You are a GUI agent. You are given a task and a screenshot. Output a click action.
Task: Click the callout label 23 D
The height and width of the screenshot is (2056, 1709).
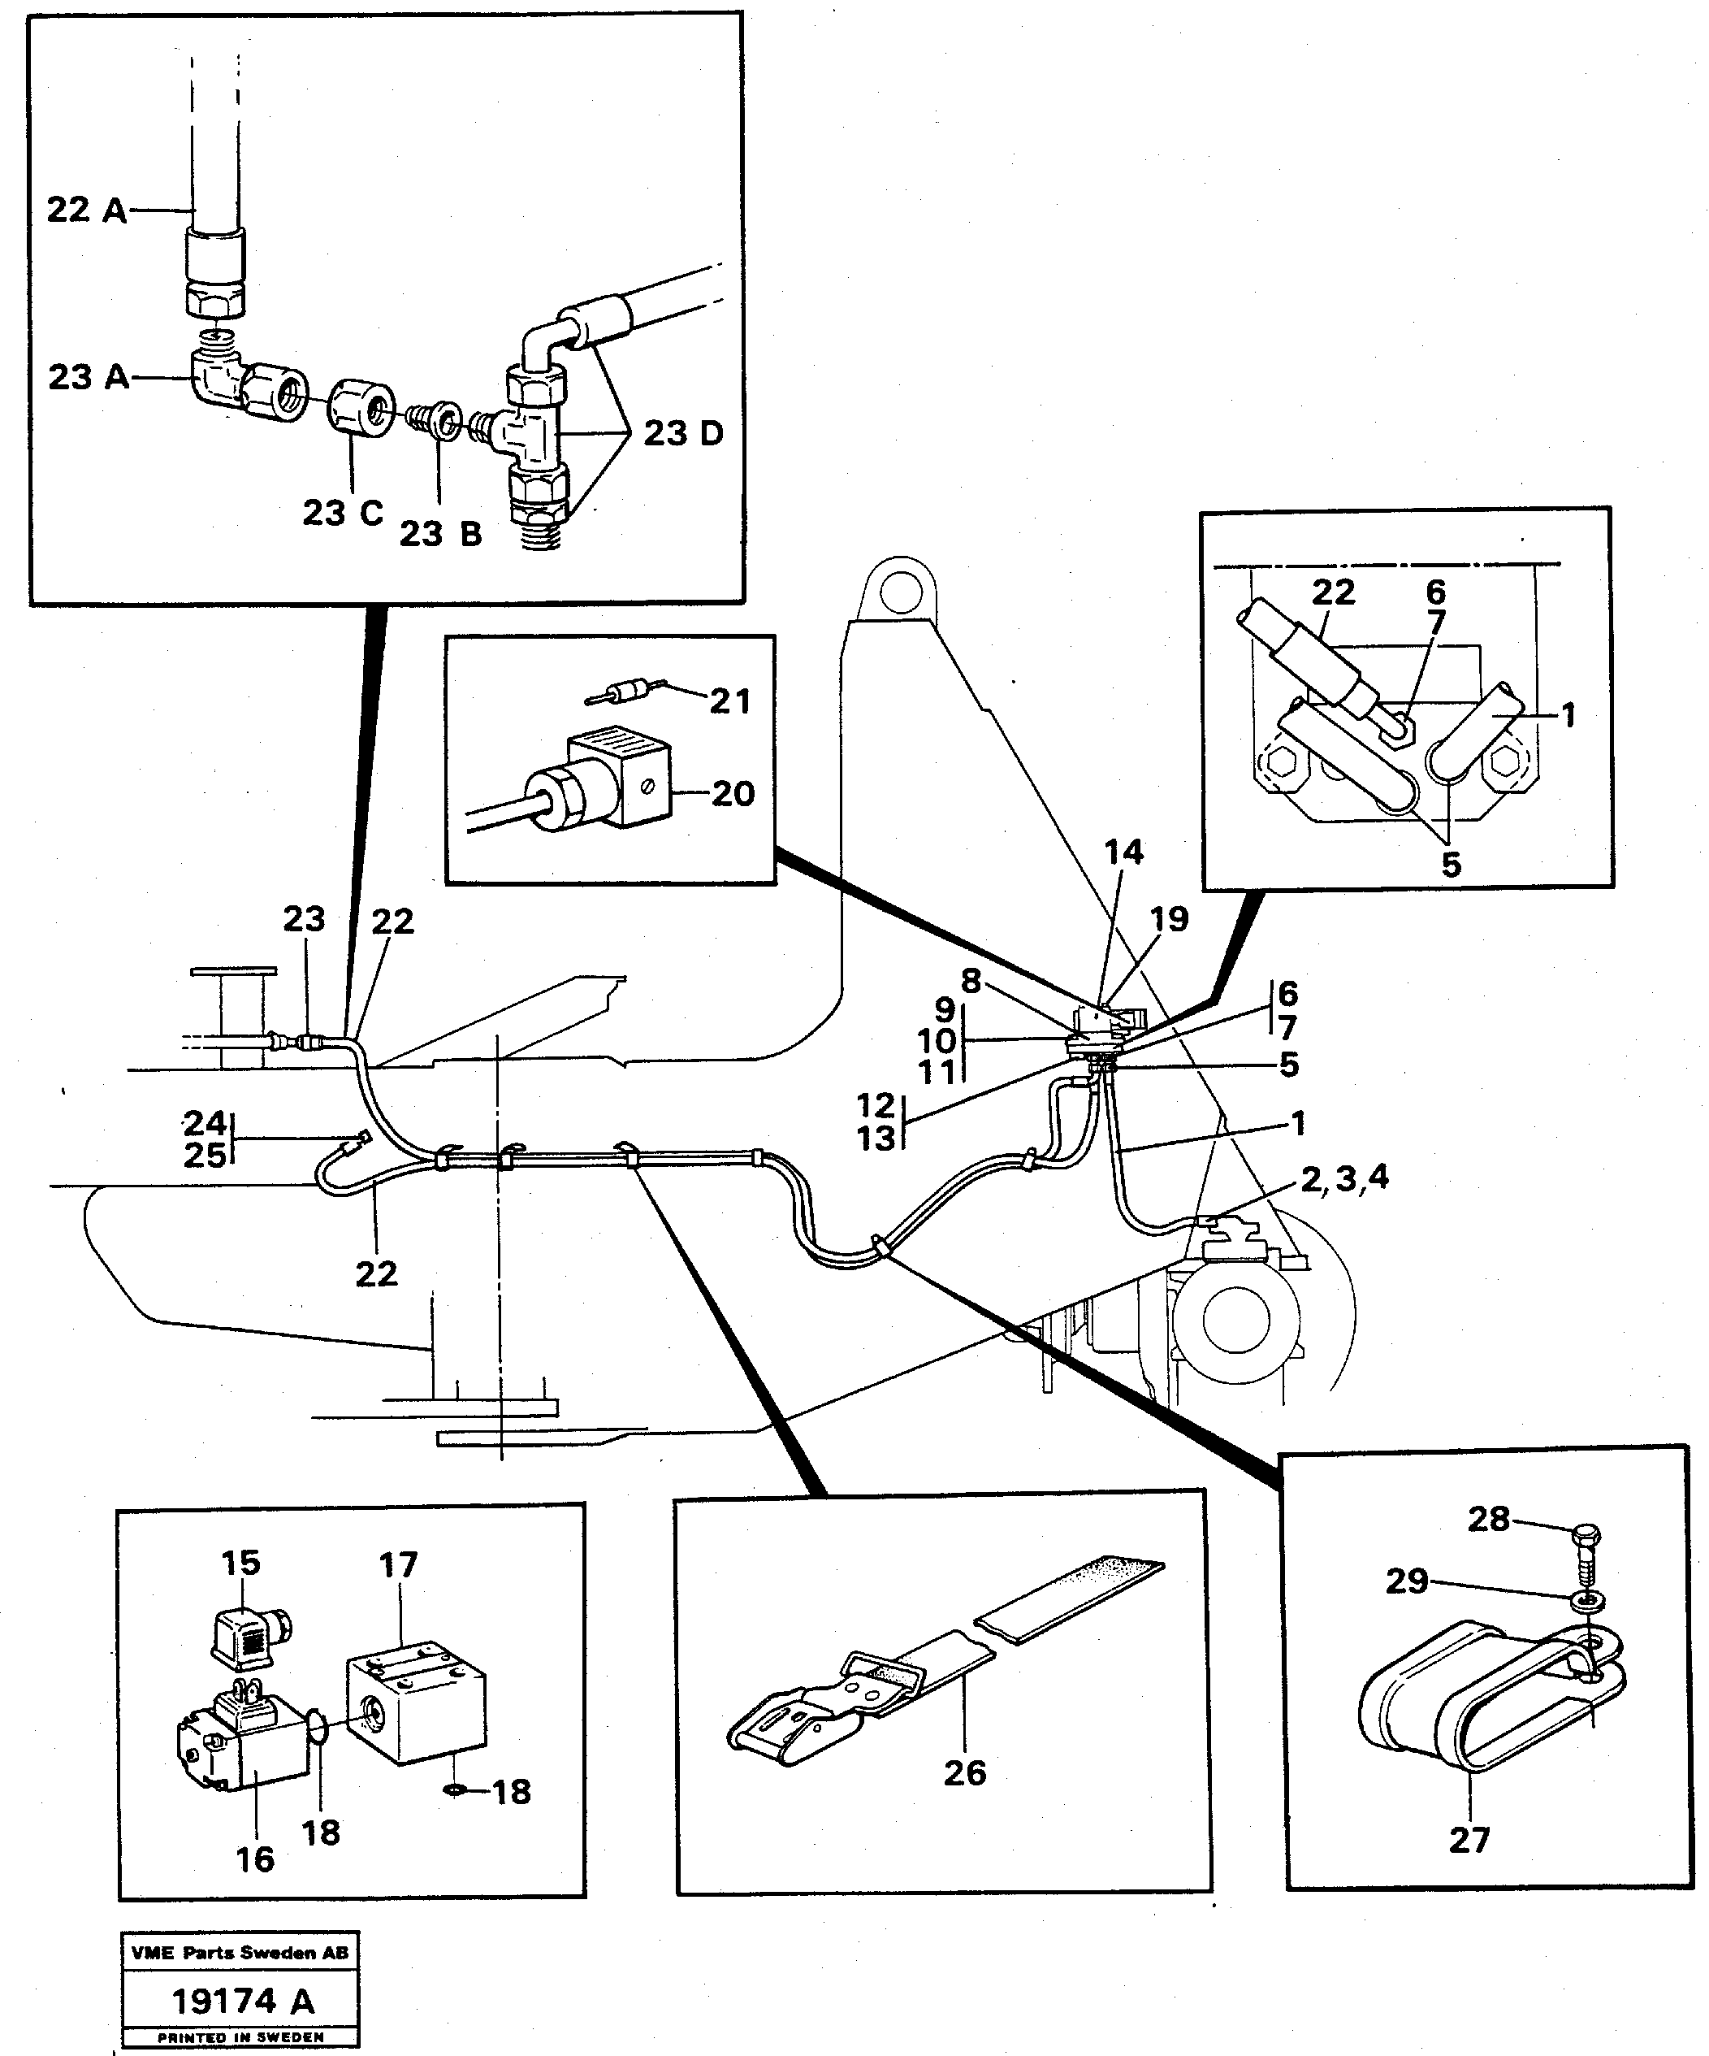(x=682, y=433)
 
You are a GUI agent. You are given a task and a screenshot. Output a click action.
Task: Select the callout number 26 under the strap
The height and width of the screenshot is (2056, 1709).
(x=964, y=1772)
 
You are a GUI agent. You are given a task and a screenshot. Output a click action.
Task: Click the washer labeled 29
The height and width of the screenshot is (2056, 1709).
(x=1589, y=1601)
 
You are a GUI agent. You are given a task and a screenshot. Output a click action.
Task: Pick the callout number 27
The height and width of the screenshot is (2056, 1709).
(x=1469, y=1840)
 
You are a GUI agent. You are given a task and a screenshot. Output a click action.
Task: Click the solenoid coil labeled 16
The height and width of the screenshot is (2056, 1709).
(x=244, y=1753)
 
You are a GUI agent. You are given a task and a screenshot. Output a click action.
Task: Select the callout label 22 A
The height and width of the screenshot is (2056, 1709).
(x=86, y=210)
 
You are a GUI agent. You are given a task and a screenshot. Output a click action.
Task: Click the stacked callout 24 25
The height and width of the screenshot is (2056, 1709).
(x=205, y=1139)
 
